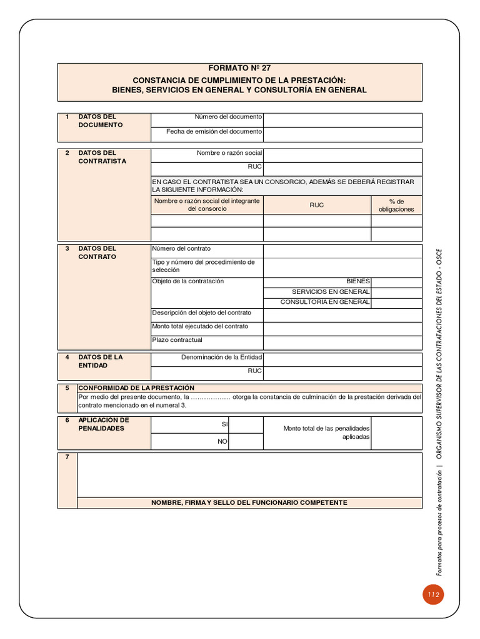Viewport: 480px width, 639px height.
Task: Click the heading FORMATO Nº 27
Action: pos(239,68)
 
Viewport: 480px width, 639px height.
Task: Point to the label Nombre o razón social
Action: pos(229,153)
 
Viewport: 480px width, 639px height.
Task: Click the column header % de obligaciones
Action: pos(396,205)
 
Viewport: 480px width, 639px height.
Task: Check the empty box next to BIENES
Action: pos(396,281)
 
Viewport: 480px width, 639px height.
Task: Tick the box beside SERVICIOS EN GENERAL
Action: pos(396,292)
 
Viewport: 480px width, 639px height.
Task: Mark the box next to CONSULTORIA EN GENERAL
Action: pos(396,302)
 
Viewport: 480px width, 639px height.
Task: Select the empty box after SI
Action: pos(246,424)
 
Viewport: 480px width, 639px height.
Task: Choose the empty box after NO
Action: pos(246,441)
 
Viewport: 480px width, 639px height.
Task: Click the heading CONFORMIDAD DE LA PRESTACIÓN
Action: pos(136,388)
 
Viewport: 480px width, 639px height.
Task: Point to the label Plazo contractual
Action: pos(177,340)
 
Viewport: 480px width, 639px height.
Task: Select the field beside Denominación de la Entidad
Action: pos(342,358)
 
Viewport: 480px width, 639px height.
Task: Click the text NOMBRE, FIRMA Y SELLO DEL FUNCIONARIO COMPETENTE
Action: pos(249,503)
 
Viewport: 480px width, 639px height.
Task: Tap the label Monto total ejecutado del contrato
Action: pos(200,326)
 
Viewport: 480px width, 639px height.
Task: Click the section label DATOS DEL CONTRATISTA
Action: pos(102,157)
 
